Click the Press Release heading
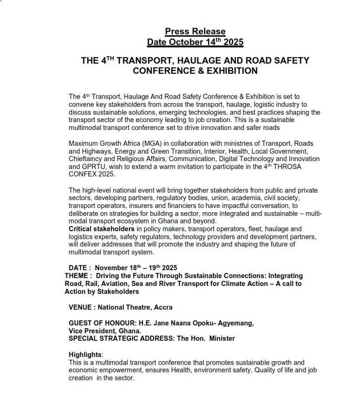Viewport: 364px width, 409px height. coord(195,32)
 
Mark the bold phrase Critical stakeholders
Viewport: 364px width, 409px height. coord(102,229)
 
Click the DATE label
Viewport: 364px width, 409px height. coord(78,268)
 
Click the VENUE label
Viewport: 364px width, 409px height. coord(80,307)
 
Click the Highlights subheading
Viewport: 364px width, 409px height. coord(85,355)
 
